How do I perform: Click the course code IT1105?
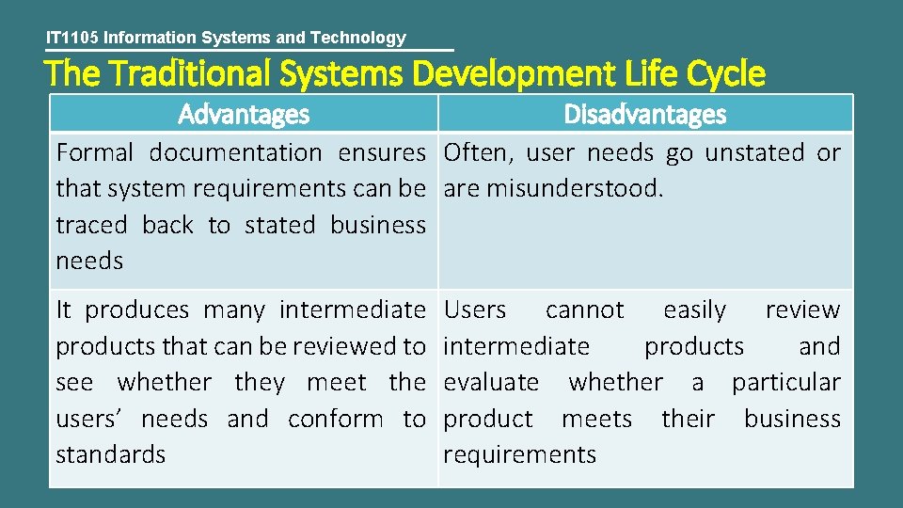(72, 38)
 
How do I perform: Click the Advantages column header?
(244, 115)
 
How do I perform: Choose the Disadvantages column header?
(645, 115)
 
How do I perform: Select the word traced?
(91, 225)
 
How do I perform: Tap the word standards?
(110, 454)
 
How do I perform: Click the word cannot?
(584, 310)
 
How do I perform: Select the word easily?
(694, 310)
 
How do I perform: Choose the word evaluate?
(491, 382)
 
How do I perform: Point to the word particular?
(786, 382)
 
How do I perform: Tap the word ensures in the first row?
(383, 152)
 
